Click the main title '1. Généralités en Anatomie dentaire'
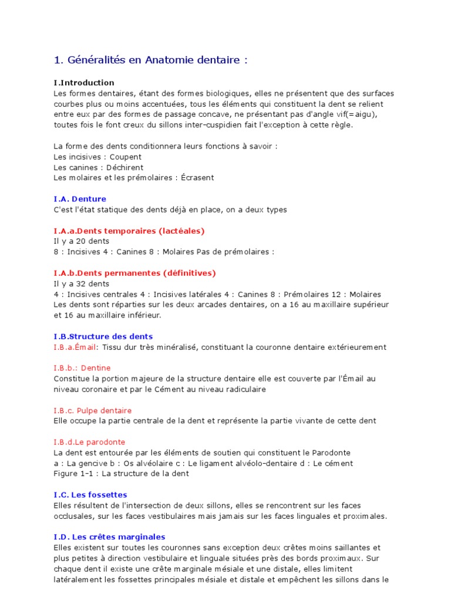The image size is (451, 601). tap(150, 60)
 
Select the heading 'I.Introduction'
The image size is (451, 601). tap(84, 83)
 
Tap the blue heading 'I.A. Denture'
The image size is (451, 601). tap(80, 199)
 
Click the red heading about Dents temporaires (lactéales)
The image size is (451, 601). tap(129, 231)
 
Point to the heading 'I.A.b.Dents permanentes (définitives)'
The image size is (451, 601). tap(134, 273)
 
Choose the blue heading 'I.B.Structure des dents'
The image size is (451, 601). tap(103, 336)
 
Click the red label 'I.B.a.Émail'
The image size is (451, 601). tap(75, 347)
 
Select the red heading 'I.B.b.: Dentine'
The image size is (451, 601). tap(82, 368)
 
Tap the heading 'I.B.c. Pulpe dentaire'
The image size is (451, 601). tap(93, 410)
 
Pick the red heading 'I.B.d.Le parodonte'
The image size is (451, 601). tap(89, 442)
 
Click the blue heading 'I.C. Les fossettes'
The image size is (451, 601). tap(90, 495)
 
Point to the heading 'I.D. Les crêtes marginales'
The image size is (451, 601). tap(109, 537)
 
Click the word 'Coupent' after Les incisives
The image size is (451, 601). tap(125, 157)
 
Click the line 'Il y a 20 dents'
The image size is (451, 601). tap(81, 241)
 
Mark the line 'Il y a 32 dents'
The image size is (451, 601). tap(81, 283)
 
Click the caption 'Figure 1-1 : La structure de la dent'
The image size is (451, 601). tap(121, 474)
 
